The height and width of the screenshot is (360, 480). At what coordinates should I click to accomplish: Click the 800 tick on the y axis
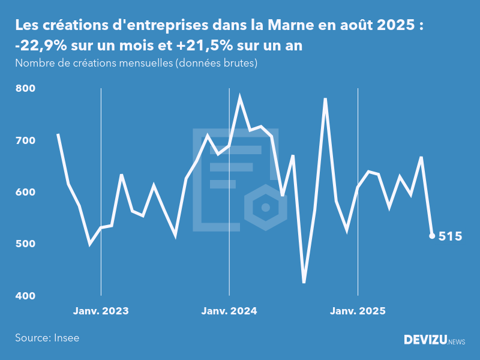point(26,89)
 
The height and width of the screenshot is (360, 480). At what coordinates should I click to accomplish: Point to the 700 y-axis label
point(26,140)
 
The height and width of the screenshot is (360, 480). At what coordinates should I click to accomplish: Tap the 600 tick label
point(26,193)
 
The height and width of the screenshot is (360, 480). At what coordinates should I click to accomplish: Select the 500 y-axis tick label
point(26,244)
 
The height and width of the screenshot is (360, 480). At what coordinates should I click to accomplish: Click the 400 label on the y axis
point(26,296)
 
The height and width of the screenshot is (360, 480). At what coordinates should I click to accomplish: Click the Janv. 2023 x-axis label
point(101,311)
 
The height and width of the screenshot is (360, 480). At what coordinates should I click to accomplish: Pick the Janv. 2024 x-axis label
point(229,311)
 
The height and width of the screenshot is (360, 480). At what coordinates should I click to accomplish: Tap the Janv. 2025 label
point(358,311)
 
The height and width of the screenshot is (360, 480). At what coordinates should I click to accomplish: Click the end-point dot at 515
point(432,236)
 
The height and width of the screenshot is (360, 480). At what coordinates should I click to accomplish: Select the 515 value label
point(450,236)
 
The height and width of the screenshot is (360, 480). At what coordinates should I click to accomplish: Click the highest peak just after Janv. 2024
point(240,97)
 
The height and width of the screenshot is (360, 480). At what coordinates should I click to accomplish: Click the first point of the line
point(58,134)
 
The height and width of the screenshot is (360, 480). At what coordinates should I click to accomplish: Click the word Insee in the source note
point(66,338)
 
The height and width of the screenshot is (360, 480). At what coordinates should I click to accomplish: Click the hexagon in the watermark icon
point(264,208)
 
